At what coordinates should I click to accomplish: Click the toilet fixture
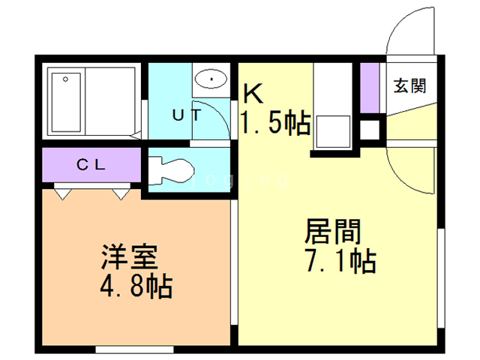tap(171, 171)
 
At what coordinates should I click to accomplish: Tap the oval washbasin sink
tap(211, 79)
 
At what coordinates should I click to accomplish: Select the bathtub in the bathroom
tap(66, 102)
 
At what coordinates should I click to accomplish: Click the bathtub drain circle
tap(65, 79)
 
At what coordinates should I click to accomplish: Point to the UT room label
tap(187, 115)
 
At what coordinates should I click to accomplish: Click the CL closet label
tap(91, 165)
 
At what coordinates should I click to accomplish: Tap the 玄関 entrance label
tap(410, 85)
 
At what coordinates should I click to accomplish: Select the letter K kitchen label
tap(253, 94)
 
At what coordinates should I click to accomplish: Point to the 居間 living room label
tap(333, 232)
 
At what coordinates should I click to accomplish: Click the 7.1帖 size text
tap(340, 261)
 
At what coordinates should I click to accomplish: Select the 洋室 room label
tap(130, 256)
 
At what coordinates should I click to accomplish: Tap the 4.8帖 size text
tap(136, 286)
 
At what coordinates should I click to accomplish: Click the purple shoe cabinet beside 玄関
tap(370, 88)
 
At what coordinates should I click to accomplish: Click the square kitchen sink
tap(333, 132)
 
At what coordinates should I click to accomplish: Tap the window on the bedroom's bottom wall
tap(135, 349)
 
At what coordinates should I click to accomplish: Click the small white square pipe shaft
tap(370, 130)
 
